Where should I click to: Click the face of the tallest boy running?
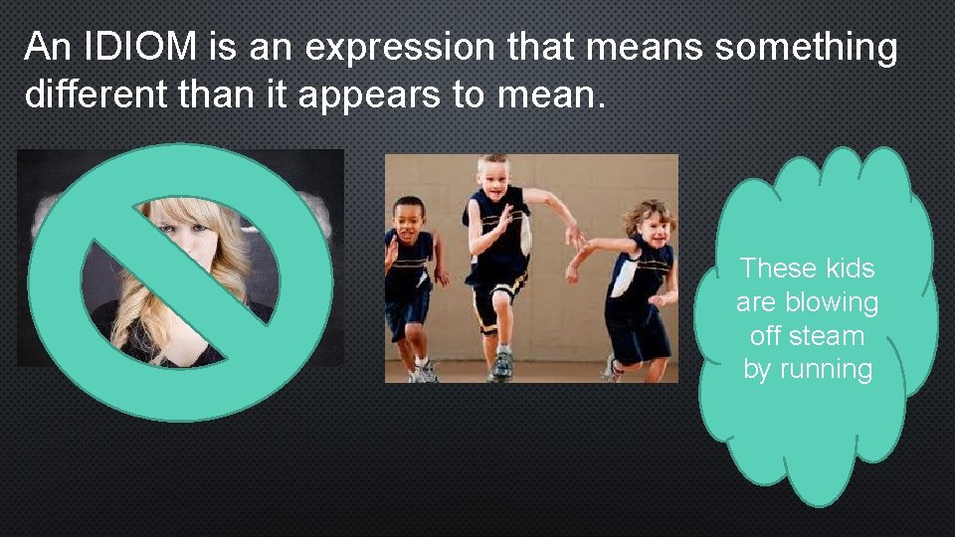coord(492,178)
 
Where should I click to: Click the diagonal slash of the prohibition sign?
coord(179,283)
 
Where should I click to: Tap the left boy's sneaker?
coord(425,372)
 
